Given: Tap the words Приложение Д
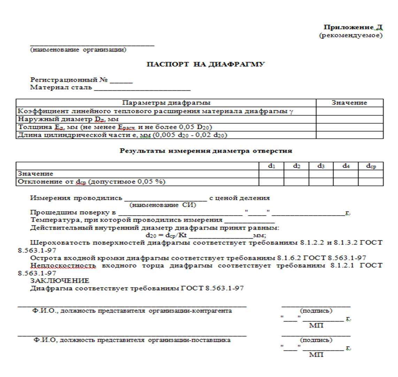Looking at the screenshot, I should tap(353, 27).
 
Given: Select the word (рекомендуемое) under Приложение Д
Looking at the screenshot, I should tap(351, 36).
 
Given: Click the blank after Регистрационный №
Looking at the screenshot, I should tap(121, 81).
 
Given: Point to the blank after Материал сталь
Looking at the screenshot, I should tap(142, 88).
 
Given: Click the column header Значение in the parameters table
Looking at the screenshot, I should tap(349, 103).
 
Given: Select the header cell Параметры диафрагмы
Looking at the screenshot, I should tap(166, 103).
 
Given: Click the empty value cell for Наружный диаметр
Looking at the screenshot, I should tap(349, 119).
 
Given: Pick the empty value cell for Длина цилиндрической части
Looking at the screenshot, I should tap(349, 135).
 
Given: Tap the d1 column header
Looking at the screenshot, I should tap(271, 166).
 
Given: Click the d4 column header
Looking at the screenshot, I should tap(346, 166).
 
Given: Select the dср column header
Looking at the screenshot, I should tap(371, 166).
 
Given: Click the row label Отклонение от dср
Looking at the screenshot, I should tap(91, 182).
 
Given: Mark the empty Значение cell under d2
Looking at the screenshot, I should tap(296, 174).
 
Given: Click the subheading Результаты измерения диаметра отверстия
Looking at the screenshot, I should tap(206, 151).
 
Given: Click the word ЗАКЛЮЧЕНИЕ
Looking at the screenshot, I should tap(60, 280).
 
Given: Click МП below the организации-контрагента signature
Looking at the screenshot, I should tap(316, 325).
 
